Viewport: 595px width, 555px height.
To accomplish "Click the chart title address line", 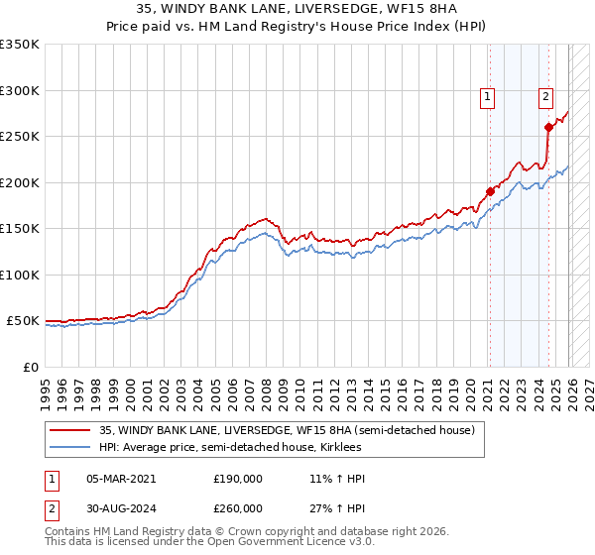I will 297,9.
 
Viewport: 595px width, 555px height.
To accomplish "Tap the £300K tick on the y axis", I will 20,90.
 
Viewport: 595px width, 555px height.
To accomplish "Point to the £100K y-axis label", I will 20,275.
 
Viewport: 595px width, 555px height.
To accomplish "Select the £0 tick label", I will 30,367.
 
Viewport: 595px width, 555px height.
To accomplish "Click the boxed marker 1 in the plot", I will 489,96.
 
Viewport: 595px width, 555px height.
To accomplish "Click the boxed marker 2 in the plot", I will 546,96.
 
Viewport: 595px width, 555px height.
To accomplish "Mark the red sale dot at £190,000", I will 489,192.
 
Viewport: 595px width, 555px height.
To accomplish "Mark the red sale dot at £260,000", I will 548,127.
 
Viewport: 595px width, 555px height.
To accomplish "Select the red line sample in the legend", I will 69,430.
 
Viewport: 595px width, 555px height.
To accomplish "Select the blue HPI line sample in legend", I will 69,447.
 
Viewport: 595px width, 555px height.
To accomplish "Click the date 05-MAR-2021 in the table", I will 121,479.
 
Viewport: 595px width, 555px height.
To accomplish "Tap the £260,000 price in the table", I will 238,507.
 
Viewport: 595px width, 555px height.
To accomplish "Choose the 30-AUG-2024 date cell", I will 121,507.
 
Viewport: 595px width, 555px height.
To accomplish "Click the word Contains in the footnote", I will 69,532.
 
